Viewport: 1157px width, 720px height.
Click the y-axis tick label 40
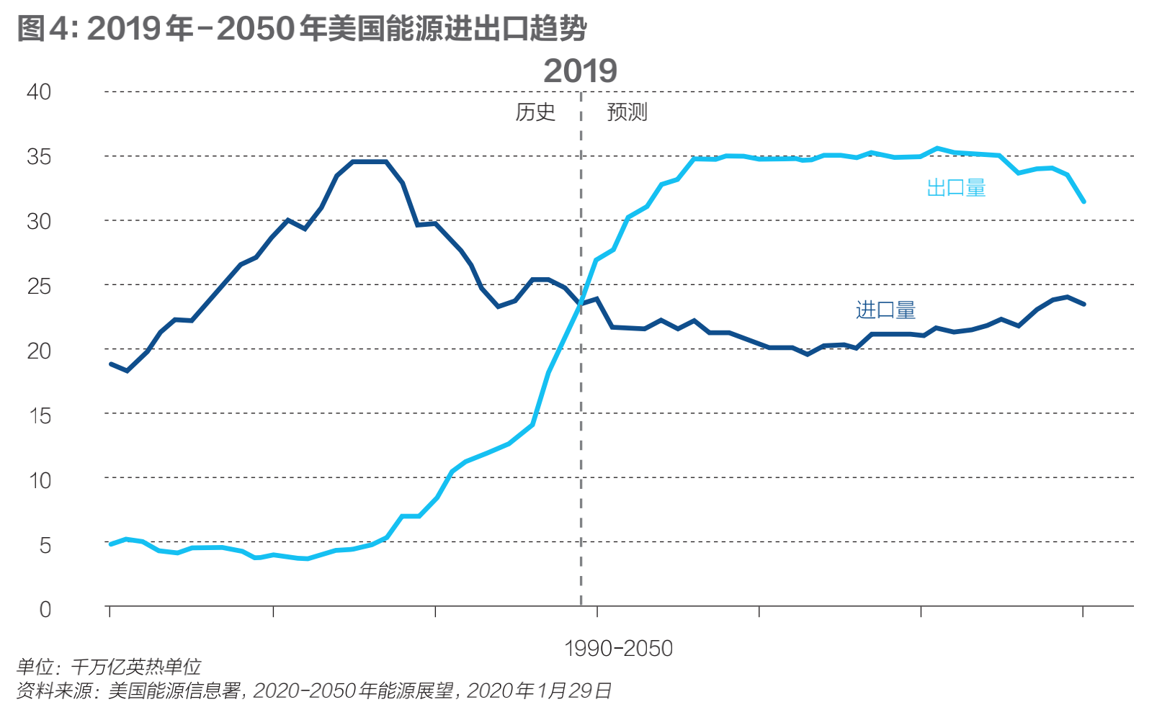coord(39,92)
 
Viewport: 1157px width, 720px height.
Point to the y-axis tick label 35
coord(39,157)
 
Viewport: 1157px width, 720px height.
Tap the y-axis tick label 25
coord(39,286)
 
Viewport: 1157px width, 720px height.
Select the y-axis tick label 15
coord(40,415)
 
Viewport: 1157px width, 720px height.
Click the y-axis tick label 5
coord(45,545)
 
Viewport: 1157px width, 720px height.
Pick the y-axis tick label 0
coord(45,610)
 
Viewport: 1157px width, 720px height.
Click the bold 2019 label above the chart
coord(580,71)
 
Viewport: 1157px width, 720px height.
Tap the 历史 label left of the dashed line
coord(535,112)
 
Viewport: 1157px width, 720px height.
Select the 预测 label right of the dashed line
coord(627,112)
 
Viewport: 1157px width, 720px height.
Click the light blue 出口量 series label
coord(956,189)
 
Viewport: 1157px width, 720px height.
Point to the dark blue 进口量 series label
coord(885,310)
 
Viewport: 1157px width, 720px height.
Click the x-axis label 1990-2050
coord(618,649)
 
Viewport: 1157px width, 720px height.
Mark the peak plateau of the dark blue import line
coord(369,161)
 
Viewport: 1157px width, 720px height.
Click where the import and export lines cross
coord(579,305)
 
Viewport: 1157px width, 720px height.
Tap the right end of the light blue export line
coord(1084,202)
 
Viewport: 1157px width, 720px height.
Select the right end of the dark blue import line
coord(1084,304)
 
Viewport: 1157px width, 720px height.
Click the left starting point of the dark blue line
coord(110,364)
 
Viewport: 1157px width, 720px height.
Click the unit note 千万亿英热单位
coord(136,667)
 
